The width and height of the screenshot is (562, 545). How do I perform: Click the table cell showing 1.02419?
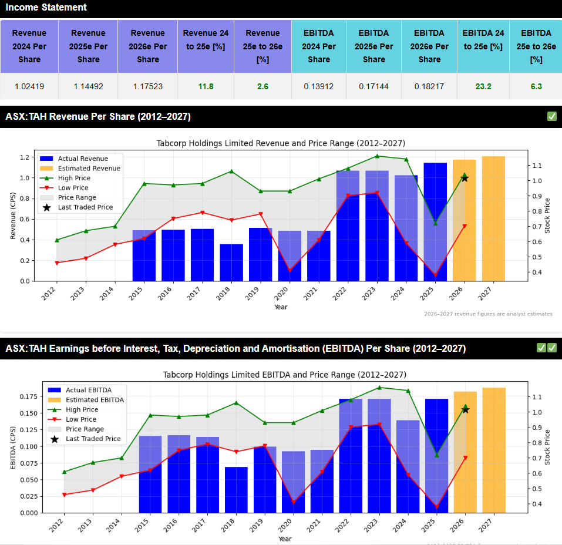[29, 87]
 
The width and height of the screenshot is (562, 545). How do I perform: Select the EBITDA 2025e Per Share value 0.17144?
[373, 87]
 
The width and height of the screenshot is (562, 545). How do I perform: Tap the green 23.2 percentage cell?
[483, 87]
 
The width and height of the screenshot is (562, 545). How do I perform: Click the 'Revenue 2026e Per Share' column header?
[148, 46]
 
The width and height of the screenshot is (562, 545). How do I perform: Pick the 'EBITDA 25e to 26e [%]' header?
[536, 46]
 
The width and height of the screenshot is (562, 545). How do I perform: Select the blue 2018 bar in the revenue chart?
[231, 263]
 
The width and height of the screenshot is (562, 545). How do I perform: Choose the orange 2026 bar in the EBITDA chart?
[465, 452]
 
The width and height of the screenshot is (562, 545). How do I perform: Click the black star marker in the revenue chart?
[465, 178]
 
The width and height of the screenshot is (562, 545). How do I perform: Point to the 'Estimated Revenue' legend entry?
[88, 169]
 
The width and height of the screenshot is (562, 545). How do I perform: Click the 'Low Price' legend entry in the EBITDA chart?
[81, 419]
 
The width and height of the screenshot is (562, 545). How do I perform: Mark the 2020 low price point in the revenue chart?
[290, 270]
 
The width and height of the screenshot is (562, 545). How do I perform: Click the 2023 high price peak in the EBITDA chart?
[379, 388]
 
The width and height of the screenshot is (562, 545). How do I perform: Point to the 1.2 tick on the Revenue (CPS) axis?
[25, 157]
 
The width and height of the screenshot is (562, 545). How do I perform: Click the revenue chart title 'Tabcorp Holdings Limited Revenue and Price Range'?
[281, 143]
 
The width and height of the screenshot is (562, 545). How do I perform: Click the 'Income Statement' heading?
[46, 8]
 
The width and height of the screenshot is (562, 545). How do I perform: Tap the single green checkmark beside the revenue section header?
[551, 116]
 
